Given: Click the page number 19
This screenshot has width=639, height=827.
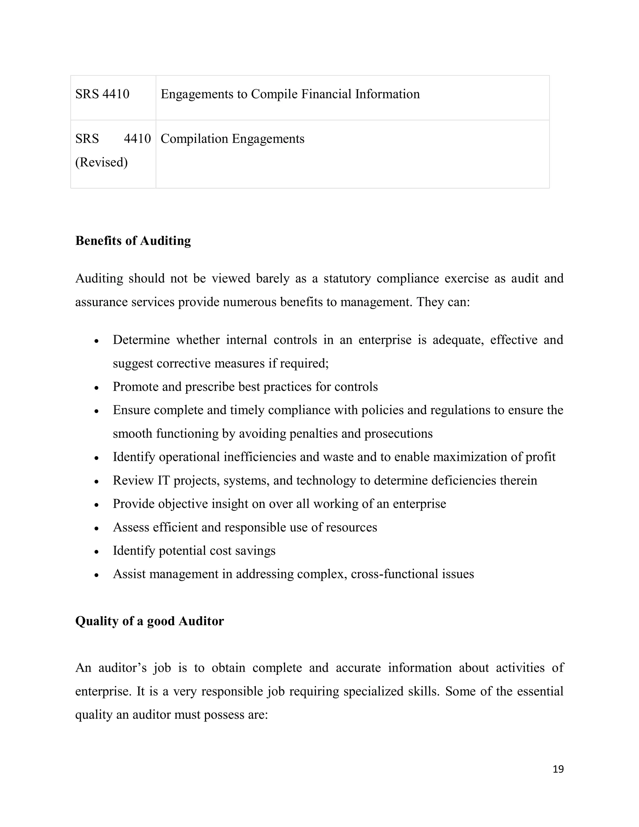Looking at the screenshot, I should [x=558, y=769].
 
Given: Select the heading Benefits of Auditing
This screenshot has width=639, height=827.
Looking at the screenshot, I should [x=133, y=241].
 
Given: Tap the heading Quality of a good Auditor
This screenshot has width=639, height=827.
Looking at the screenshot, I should [x=149, y=621].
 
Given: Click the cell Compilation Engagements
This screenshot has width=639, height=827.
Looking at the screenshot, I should [x=232, y=139].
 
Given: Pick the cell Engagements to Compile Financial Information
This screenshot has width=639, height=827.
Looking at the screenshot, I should [x=290, y=94].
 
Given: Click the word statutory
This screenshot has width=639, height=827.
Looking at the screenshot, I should [x=347, y=278].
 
